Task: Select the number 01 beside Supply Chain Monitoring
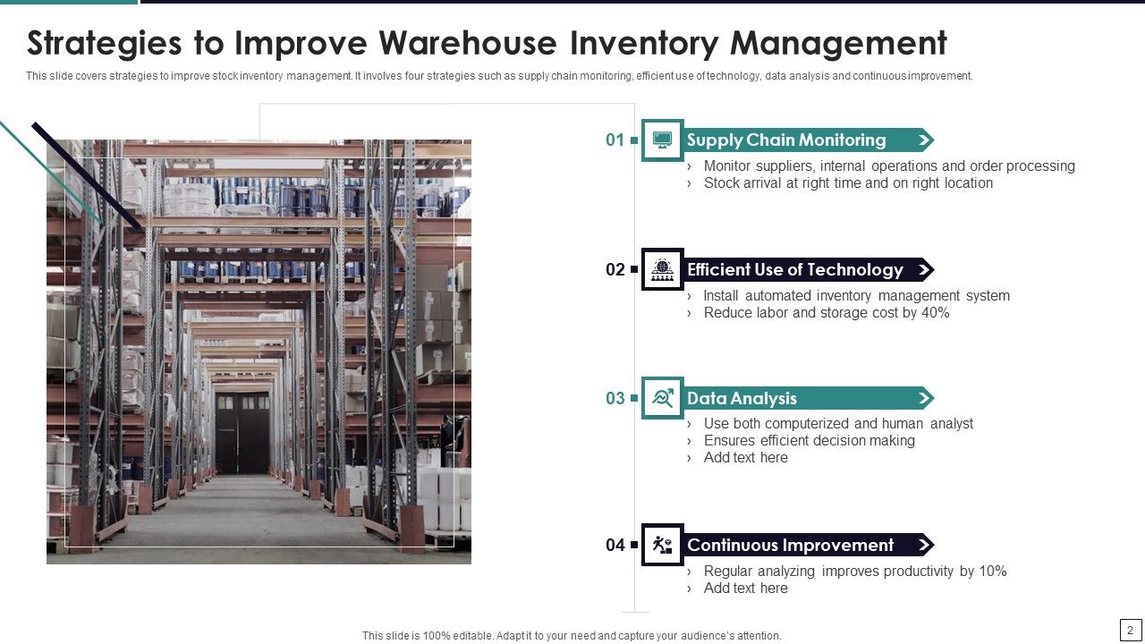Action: coord(615,140)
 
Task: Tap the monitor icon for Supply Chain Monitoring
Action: coord(663,140)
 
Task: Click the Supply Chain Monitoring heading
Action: coord(786,140)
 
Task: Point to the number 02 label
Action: coord(615,269)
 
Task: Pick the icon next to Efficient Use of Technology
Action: coord(663,269)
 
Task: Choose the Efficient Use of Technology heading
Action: coord(794,269)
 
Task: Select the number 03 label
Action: coord(615,398)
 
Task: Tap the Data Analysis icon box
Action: coord(663,398)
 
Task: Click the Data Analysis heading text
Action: coord(742,398)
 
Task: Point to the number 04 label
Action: coord(615,545)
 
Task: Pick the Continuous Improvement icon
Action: coord(663,545)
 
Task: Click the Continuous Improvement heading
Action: coord(790,545)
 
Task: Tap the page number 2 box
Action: coord(1131,630)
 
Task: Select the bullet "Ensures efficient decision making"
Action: coord(809,440)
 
